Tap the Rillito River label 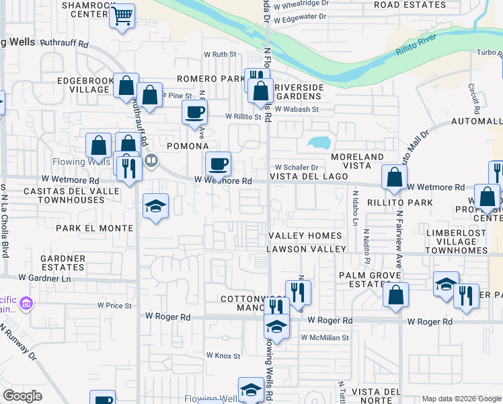(416, 47)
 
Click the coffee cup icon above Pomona (194, 112)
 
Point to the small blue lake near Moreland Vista (318, 143)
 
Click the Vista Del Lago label (309, 176)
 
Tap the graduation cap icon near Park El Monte (155, 206)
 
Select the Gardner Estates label (63, 263)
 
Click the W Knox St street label (223, 355)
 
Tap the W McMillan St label (325, 337)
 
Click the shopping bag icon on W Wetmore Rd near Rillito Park (394, 178)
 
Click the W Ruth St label (221, 54)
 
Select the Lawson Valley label (306, 249)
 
